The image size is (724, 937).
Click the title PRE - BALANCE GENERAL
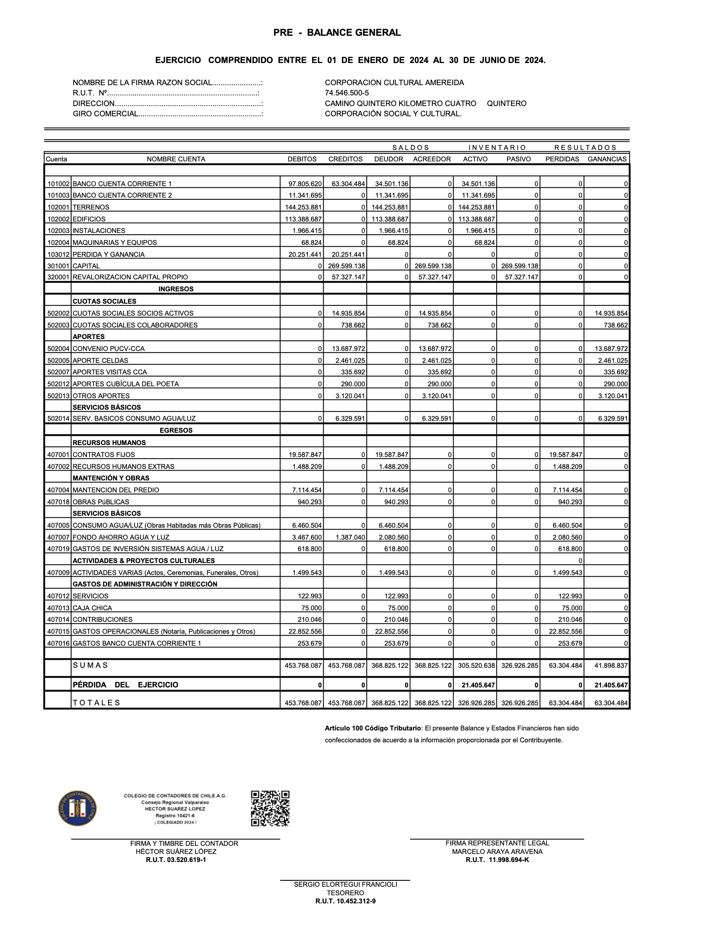click(337, 33)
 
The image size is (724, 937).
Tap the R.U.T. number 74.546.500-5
click(347, 93)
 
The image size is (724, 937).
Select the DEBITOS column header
click(302, 159)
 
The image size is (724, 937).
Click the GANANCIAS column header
click(607, 159)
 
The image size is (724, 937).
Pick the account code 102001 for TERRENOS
click(58, 207)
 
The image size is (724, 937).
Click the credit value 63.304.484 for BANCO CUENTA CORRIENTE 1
click(348, 184)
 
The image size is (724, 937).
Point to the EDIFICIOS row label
click(89, 219)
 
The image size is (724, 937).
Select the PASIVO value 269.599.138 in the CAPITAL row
click(520, 266)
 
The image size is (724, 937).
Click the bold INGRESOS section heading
click(176, 289)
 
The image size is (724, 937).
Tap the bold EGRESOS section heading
click(176, 431)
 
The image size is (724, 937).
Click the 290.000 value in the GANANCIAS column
click(615, 384)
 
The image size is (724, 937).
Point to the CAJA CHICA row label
click(92, 608)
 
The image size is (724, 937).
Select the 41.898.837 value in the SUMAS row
click(611, 666)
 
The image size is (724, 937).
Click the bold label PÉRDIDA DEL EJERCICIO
click(125, 685)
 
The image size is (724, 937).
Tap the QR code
click(270, 809)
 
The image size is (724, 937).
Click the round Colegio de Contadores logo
click(77, 808)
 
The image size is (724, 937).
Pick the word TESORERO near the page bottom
click(345, 893)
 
